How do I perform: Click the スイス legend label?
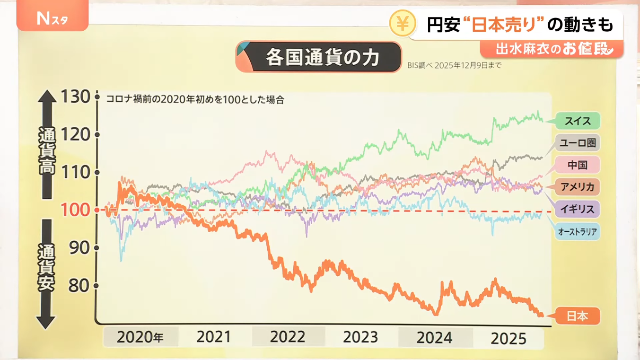(577, 121)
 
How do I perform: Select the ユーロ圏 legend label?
(577, 143)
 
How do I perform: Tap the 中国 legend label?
(577, 165)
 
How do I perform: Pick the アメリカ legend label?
(577, 187)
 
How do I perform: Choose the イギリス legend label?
(577, 209)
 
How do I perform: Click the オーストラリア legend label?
(577, 231)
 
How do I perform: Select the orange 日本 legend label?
(577, 316)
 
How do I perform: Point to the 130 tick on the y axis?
(75, 97)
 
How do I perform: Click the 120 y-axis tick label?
(75, 135)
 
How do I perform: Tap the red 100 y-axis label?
(75, 210)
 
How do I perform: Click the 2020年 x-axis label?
(140, 337)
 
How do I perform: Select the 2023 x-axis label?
(360, 337)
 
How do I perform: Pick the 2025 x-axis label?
(508, 338)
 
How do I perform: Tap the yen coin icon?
(403, 24)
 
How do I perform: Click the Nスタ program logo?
(52, 19)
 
